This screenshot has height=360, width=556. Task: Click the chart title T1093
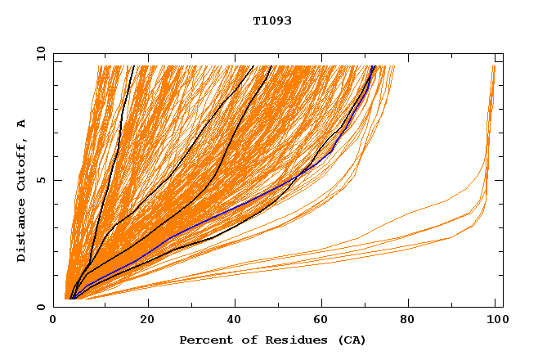[271, 21]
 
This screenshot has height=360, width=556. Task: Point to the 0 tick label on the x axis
[54, 322]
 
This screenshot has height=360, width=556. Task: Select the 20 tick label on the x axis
[142, 322]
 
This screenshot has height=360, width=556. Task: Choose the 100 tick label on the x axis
[495, 322]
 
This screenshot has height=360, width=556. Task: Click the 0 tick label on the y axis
[42, 307]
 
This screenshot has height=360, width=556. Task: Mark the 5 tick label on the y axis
[42, 180]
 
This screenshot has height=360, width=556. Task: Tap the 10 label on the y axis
[39, 53]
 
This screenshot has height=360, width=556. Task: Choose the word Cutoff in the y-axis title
[21, 167]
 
